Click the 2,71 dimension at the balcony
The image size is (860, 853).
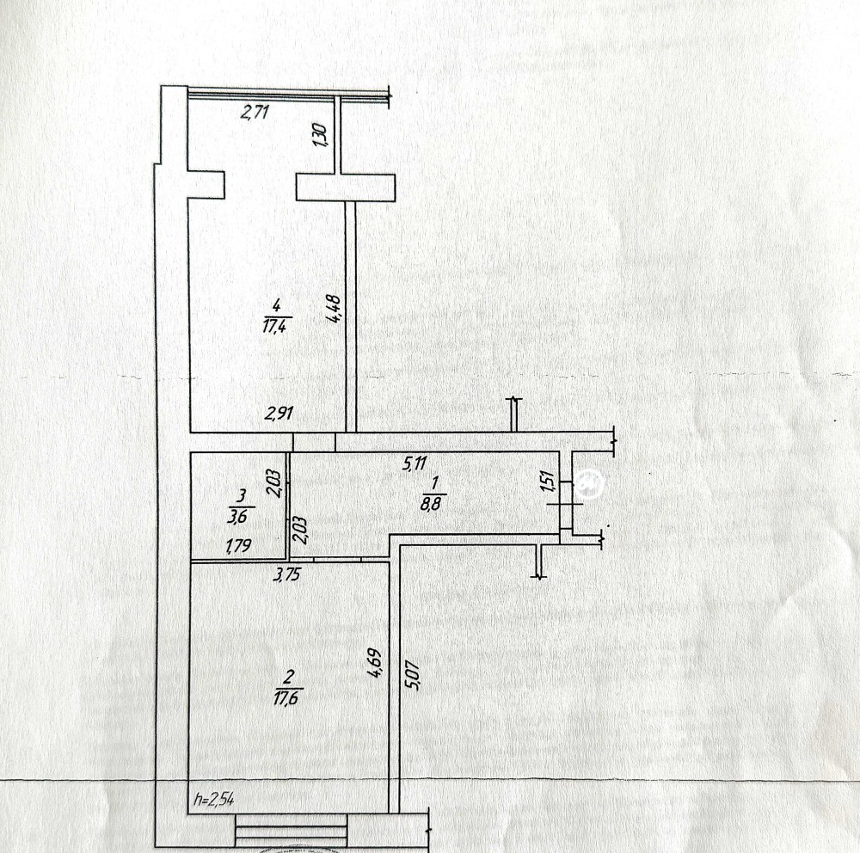tap(255, 112)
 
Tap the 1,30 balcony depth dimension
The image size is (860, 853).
tap(320, 134)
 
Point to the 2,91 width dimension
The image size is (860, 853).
tap(279, 413)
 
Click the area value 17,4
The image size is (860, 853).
tap(276, 327)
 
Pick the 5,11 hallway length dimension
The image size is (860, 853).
tap(415, 463)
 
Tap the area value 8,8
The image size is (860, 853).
tap(431, 504)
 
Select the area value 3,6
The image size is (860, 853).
tap(237, 516)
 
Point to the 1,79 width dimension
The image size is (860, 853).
tap(238, 545)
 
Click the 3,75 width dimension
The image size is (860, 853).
tap(287, 575)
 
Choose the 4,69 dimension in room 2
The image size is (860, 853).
tap(376, 663)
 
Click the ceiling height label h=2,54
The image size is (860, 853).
tap(214, 799)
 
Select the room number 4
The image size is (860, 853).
tap(276, 305)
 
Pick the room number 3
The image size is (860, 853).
tap(240, 496)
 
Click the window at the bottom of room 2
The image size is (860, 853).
tap(291, 830)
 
